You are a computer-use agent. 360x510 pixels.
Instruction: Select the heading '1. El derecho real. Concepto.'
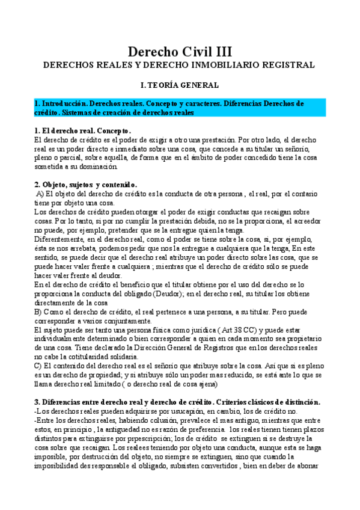pos(83,131)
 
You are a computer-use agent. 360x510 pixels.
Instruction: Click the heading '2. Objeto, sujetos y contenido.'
pos(86,185)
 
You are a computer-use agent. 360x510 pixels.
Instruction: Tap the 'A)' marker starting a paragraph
pos(40,194)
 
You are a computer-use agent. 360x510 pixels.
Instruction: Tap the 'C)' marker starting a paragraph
pos(38,365)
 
